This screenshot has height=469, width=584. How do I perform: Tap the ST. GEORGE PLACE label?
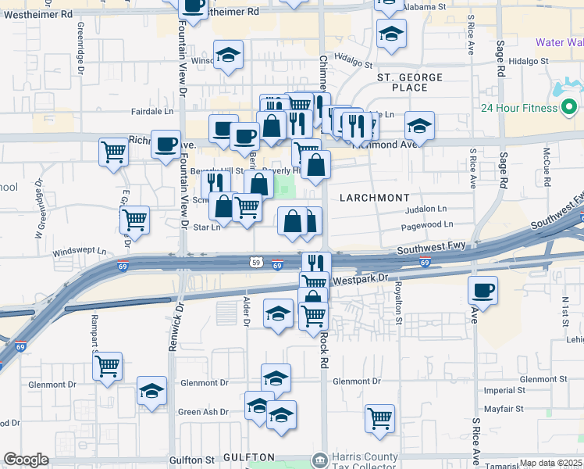pos(410,83)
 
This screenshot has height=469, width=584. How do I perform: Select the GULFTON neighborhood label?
pos(250,456)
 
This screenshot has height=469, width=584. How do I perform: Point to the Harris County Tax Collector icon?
pos(319,459)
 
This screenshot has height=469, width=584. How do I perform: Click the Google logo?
pos(26,460)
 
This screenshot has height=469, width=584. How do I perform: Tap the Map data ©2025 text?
pos(550,463)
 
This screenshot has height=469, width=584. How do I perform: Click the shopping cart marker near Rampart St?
pos(108,365)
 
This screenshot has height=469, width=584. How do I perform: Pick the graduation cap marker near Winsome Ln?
pos(229,55)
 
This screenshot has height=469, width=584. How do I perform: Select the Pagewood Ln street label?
pos(426,224)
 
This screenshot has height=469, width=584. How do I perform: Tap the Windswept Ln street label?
pos(79,252)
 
